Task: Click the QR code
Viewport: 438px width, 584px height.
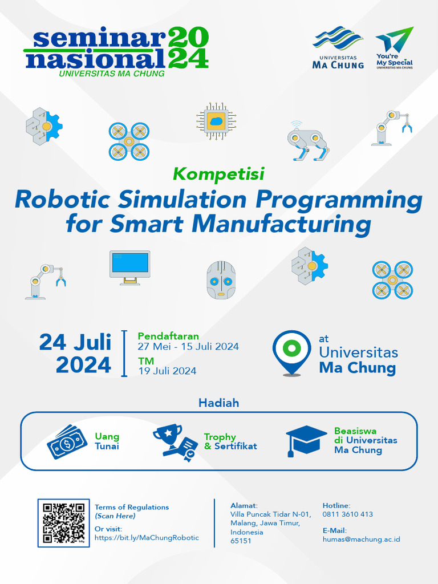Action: (x=64, y=523)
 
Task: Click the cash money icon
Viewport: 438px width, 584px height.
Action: (x=67, y=441)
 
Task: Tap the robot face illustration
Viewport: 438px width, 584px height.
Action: (x=221, y=279)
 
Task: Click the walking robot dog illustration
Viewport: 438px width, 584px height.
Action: (x=308, y=140)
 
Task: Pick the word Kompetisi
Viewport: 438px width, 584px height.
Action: (x=218, y=172)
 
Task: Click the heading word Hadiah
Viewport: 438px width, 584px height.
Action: (x=218, y=403)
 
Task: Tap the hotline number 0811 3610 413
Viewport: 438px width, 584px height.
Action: (x=347, y=514)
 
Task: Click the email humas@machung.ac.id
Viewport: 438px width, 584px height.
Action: (x=361, y=539)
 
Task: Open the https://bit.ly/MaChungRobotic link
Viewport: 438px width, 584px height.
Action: (x=147, y=538)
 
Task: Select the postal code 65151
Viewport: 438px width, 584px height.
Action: (x=241, y=541)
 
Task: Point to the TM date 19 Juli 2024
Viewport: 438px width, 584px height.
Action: (x=167, y=371)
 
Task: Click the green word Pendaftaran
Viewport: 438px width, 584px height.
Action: (x=168, y=336)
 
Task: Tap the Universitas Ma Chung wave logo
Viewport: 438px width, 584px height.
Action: (x=338, y=47)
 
